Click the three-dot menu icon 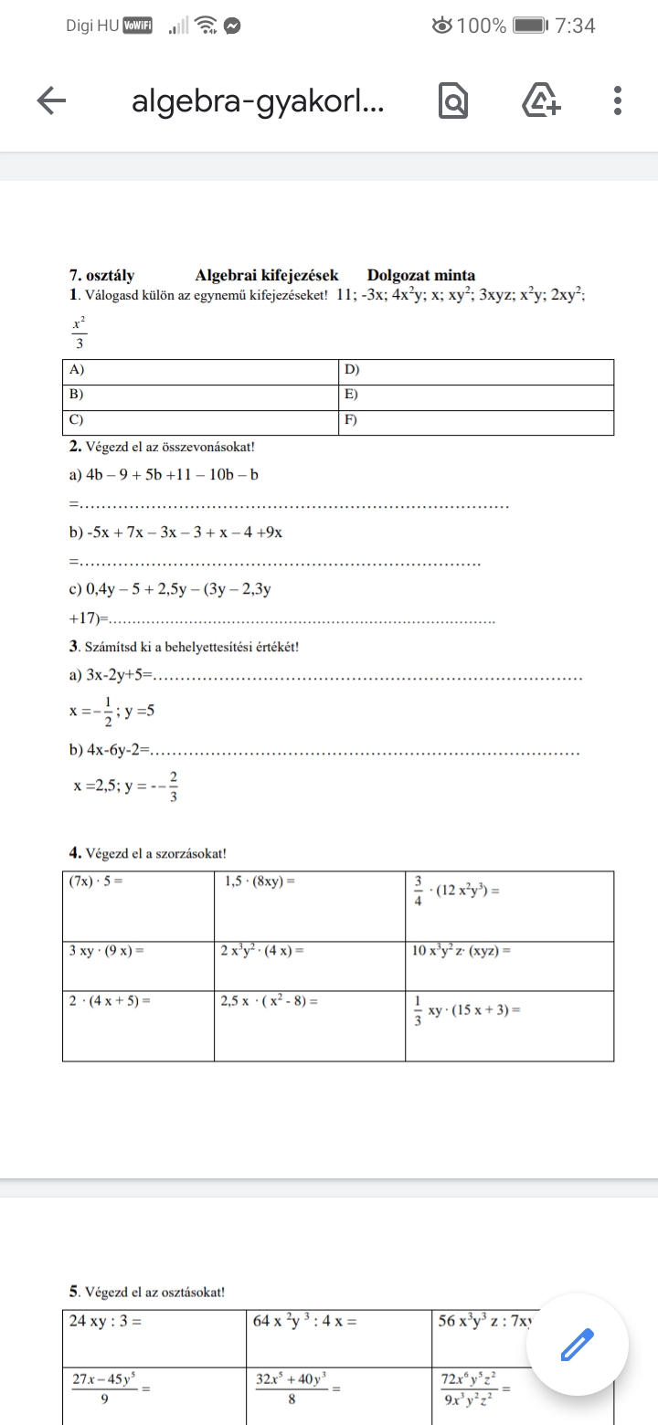(x=618, y=101)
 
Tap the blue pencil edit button (x=576, y=1343)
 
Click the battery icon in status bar (x=529, y=26)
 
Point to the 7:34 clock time (x=575, y=26)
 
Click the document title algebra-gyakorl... (x=258, y=102)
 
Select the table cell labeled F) (x=475, y=422)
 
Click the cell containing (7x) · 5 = (x=138, y=905)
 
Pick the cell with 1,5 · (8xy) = (x=310, y=905)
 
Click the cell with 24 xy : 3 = (x=155, y=1339)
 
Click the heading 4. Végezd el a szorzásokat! (x=148, y=853)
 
